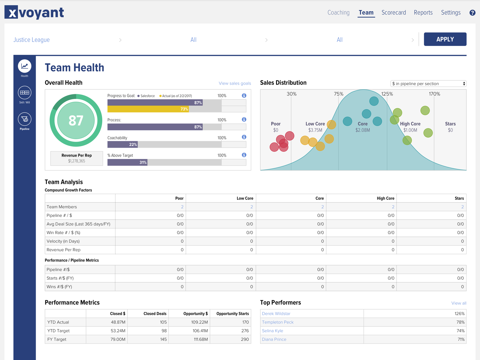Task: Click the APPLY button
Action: click(x=445, y=39)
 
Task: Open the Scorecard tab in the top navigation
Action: click(x=394, y=13)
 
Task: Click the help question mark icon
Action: click(x=472, y=13)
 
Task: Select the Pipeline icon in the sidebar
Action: click(x=25, y=119)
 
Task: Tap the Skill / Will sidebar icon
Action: click(x=25, y=93)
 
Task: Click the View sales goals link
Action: click(x=235, y=83)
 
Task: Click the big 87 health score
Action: click(x=76, y=121)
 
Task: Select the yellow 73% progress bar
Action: click(x=148, y=109)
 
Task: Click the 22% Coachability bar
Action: click(x=123, y=145)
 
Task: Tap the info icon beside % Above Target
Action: click(x=244, y=155)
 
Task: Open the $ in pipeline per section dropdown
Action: click(x=428, y=84)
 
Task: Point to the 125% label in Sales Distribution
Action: click(x=387, y=94)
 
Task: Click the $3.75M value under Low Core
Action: click(x=315, y=130)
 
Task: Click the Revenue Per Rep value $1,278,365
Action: click(x=76, y=161)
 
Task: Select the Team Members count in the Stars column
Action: click(x=462, y=207)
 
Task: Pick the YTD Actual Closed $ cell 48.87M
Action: click(x=118, y=322)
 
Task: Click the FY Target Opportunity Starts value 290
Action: click(x=245, y=339)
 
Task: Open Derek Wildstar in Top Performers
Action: click(x=276, y=313)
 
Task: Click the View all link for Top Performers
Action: click(x=459, y=303)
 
